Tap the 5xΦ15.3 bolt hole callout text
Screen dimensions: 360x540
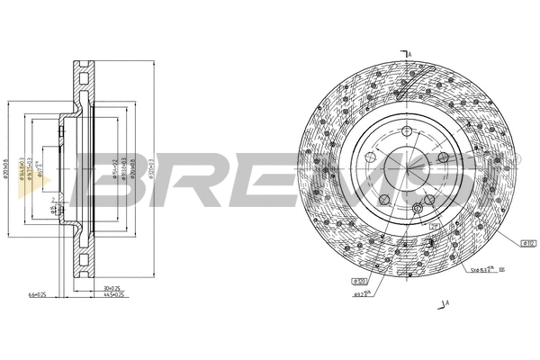(x=476, y=269)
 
